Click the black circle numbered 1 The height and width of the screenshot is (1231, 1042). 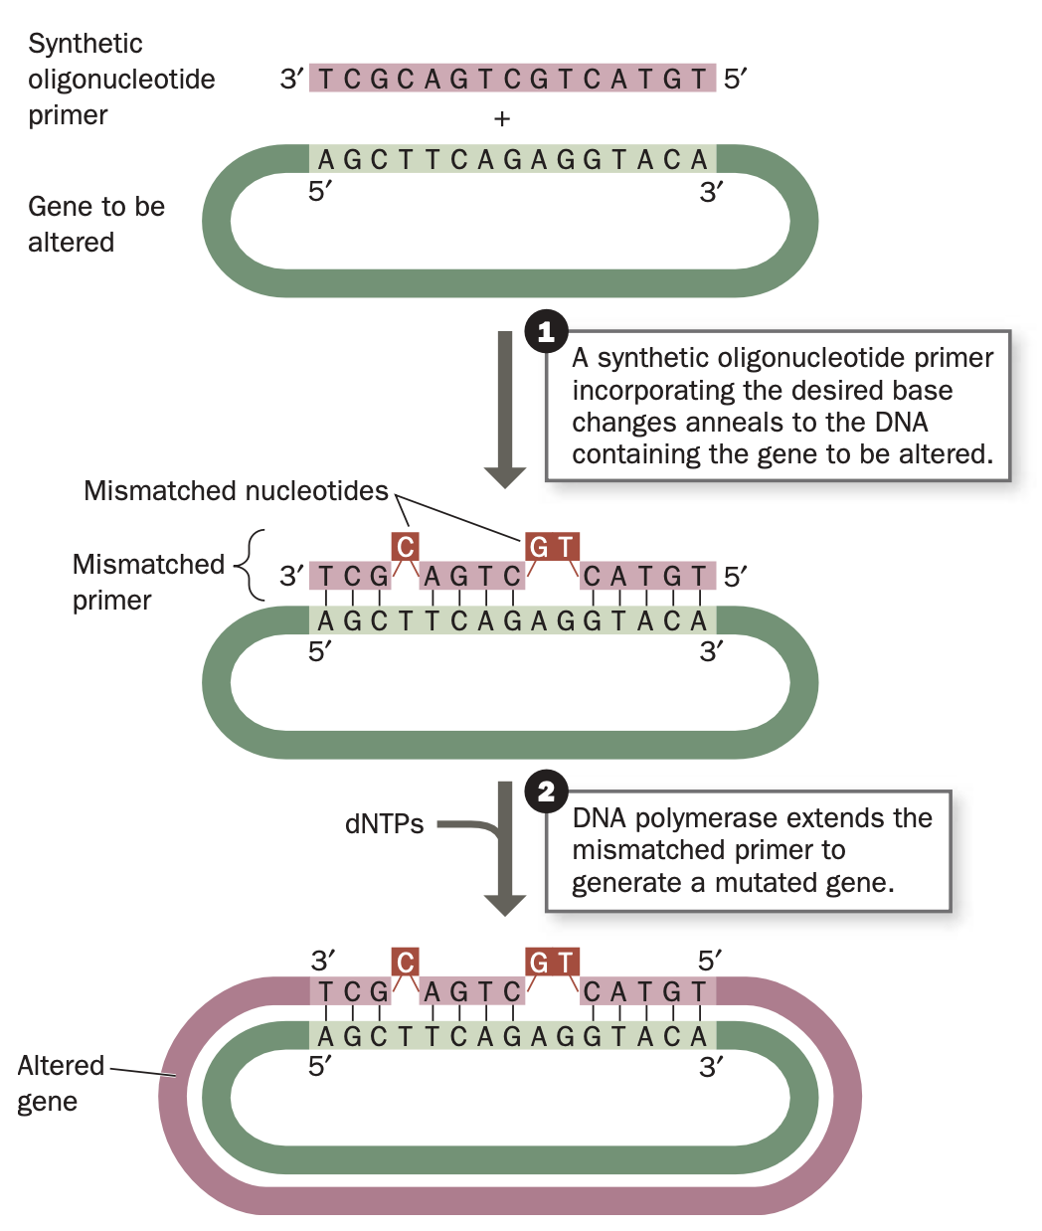(x=546, y=332)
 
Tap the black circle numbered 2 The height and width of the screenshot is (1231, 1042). (x=546, y=792)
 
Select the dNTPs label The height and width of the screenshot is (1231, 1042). (x=384, y=824)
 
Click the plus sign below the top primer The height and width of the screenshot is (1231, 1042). (x=502, y=119)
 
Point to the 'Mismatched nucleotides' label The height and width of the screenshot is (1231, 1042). (x=236, y=491)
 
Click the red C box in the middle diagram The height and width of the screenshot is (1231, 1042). (x=405, y=546)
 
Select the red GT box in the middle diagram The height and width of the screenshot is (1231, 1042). (x=552, y=546)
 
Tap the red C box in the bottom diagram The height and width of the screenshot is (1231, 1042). (x=405, y=962)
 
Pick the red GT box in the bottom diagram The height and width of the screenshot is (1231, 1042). (x=552, y=962)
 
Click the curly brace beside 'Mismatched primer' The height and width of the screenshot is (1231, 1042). (x=249, y=565)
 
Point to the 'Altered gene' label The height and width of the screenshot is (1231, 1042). (x=60, y=1083)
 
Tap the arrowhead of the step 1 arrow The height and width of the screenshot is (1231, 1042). (x=504, y=476)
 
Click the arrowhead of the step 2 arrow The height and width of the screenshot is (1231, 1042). (x=504, y=904)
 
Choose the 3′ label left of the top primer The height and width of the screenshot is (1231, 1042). (x=291, y=79)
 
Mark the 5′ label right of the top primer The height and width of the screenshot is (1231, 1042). (x=735, y=79)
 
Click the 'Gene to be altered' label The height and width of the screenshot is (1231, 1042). (x=95, y=224)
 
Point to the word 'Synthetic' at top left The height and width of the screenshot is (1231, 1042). (x=86, y=44)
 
